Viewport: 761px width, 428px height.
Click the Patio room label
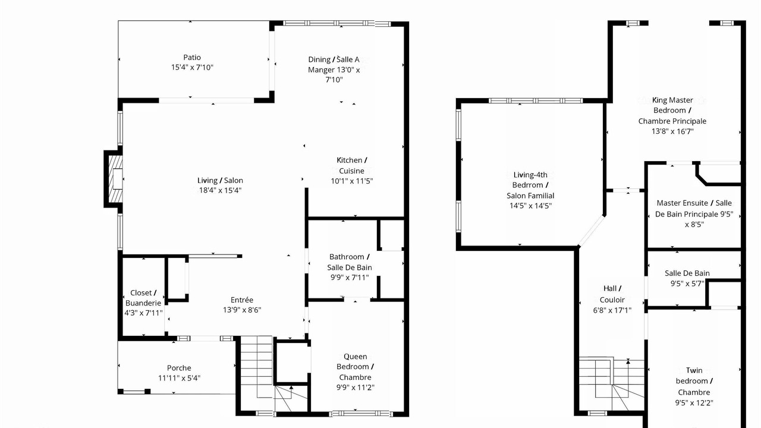click(x=192, y=58)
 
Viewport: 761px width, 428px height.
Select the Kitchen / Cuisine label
click(x=351, y=165)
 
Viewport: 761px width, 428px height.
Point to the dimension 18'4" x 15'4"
click(x=220, y=190)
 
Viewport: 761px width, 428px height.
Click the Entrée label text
click(x=242, y=300)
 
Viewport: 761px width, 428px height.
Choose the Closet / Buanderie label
click(x=143, y=298)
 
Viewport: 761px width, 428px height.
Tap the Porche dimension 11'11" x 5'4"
click(x=179, y=378)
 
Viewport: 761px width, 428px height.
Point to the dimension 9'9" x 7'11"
click(x=350, y=278)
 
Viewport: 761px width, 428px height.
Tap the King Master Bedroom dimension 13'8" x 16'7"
click(x=672, y=131)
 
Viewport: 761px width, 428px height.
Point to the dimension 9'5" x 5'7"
click(x=687, y=284)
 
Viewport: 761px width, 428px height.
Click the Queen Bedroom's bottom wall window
click(x=361, y=414)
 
